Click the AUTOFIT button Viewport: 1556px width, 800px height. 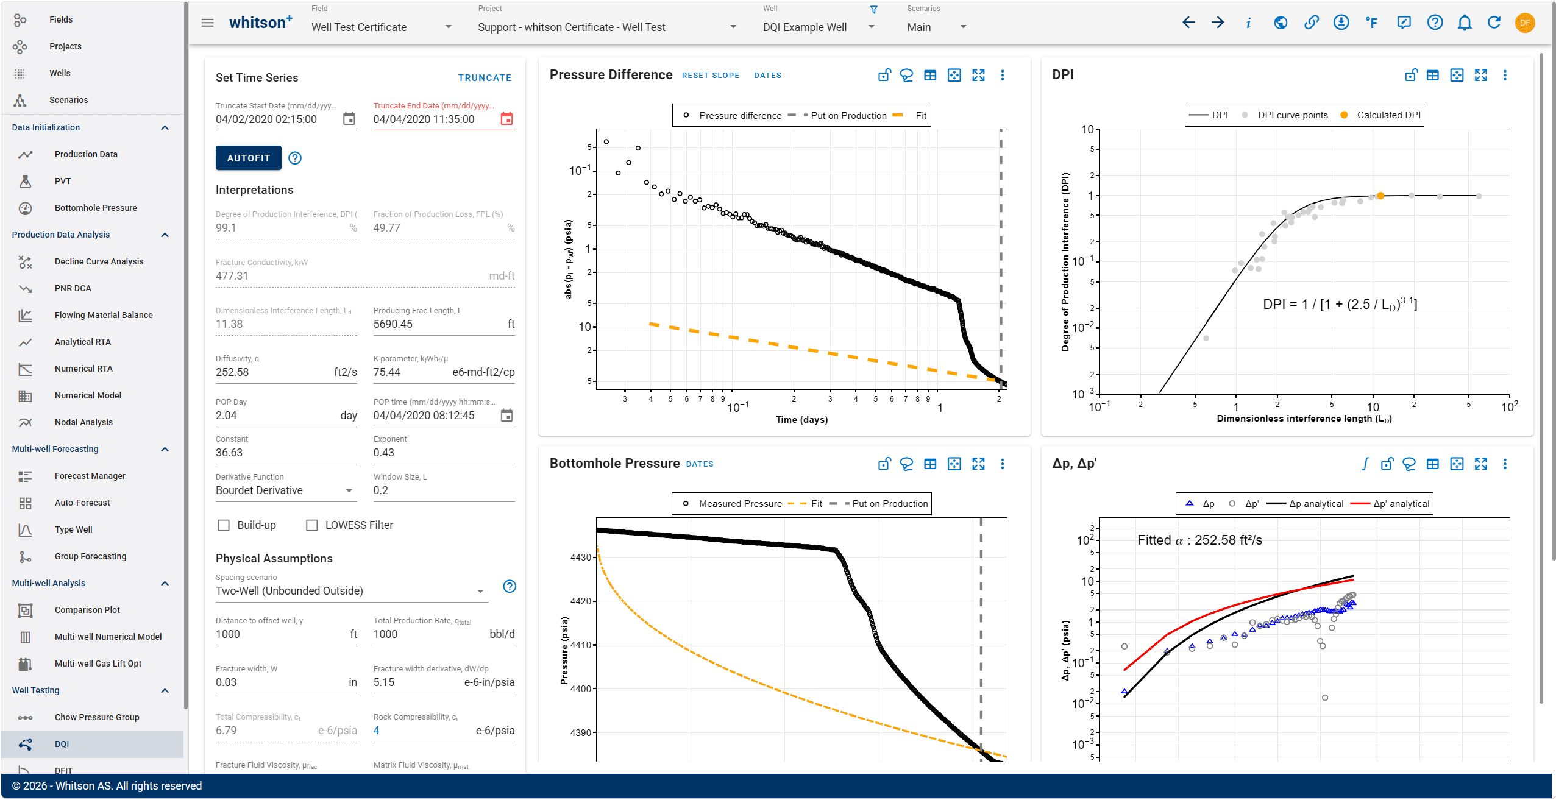pyautogui.click(x=248, y=158)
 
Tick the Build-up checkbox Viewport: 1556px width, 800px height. pyautogui.click(x=224, y=525)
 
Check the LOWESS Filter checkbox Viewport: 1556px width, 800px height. pyautogui.click(x=312, y=525)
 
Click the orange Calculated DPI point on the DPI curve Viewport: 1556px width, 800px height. pyautogui.click(x=1380, y=196)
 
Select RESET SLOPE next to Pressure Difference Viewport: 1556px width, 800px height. pyautogui.click(x=711, y=76)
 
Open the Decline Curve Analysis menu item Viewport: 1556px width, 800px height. pyautogui.click(x=99, y=261)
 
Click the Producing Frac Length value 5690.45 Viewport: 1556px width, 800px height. pyautogui.click(x=393, y=324)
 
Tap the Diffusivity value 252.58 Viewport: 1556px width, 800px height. pyautogui.click(x=232, y=372)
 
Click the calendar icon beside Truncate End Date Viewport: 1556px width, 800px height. pyautogui.click(x=506, y=119)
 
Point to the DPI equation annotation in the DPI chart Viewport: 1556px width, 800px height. pyautogui.click(x=1340, y=304)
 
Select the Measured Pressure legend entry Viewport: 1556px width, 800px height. pyautogui.click(x=732, y=504)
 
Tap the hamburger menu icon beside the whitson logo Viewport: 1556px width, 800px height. pyautogui.click(x=207, y=23)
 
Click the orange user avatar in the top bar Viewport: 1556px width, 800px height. pyautogui.click(x=1524, y=23)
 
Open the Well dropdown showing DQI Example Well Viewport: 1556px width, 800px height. pyautogui.click(x=819, y=27)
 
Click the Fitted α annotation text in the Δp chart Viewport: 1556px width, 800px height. pyautogui.click(x=1199, y=540)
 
